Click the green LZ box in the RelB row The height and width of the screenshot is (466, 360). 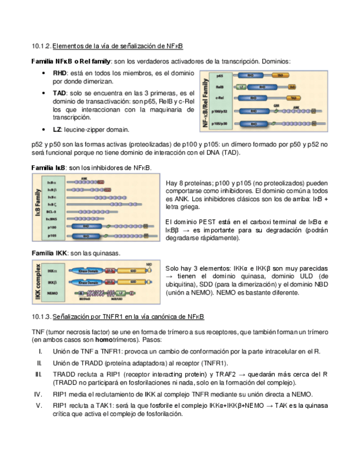coord(242,87)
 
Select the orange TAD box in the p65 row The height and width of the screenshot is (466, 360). coord(280,76)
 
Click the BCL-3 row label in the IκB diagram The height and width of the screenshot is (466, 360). coord(51,210)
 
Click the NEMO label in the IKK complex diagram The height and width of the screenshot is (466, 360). coord(53,294)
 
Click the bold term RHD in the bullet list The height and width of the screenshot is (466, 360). coord(59,73)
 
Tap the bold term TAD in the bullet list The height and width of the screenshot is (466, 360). coord(59,93)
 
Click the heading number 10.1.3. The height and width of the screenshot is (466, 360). coord(42,317)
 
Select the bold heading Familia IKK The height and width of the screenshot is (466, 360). coord(49,253)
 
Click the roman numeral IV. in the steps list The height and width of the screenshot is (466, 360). coord(38,394)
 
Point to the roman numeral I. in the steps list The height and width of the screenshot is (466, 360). coord(40,351)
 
